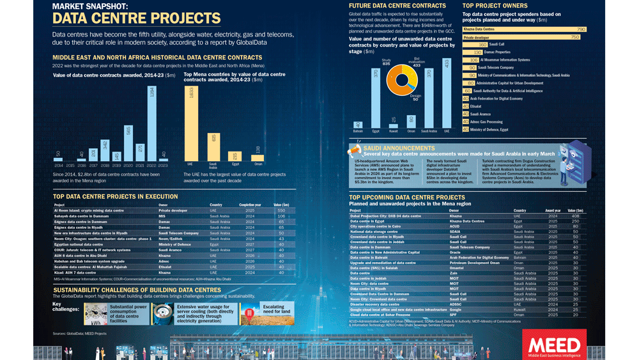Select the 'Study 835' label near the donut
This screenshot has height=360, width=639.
pyautogui.click(x=385, y=63)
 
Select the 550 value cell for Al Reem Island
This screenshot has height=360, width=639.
pyautogui.click(x=281, y=210)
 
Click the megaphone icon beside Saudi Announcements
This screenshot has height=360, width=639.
pyautogui.click(x=355, y=150)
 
